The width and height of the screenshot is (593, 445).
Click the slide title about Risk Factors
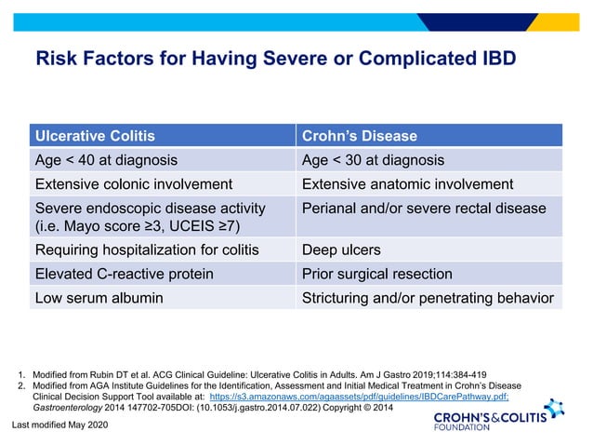point(275,60)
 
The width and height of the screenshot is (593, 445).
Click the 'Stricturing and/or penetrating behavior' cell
point(428,298)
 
